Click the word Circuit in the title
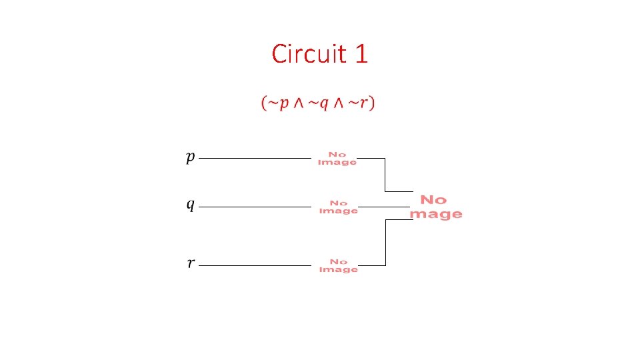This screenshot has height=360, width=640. (309, 53)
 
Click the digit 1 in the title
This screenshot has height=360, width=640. (361, 54)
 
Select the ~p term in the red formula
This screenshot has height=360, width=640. (278, 103)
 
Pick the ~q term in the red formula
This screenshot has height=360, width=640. (318, 103)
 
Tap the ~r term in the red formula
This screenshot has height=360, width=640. (357, 103)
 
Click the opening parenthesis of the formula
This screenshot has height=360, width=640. (264, 103)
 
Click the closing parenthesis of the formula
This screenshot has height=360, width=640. (371, 103)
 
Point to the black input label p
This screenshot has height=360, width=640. (191, 157)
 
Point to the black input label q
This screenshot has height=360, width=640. (191, 204)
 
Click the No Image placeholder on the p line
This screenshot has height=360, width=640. (337, 159)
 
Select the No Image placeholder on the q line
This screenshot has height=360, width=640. (339, 207)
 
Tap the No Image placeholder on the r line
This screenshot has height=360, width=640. (339, 266)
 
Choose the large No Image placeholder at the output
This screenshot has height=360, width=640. (436, 207)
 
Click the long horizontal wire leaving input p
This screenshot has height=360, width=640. (255, 158)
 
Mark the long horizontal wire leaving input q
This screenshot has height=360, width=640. (255, 207)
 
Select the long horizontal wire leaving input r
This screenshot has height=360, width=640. (255, 266)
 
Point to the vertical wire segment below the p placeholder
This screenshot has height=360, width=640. (385, 175)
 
